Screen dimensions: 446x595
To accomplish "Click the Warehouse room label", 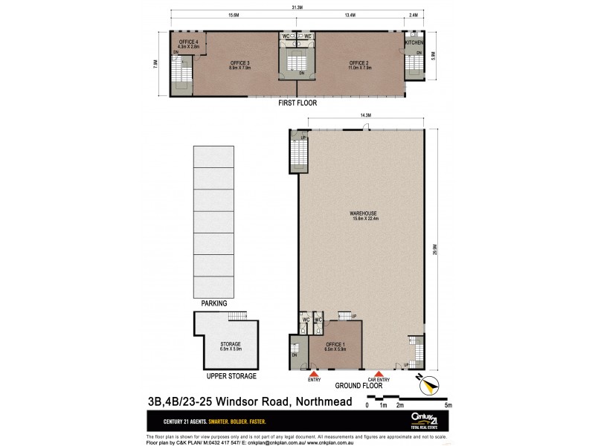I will [364, 216].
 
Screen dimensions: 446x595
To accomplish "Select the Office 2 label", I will [358, 65].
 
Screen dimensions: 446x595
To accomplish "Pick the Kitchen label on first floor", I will [414, 43].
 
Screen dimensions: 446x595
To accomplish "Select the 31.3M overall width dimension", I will [297, 7].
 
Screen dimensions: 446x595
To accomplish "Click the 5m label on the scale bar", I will [448, 405].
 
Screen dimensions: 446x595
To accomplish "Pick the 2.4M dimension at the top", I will [414, 14].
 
